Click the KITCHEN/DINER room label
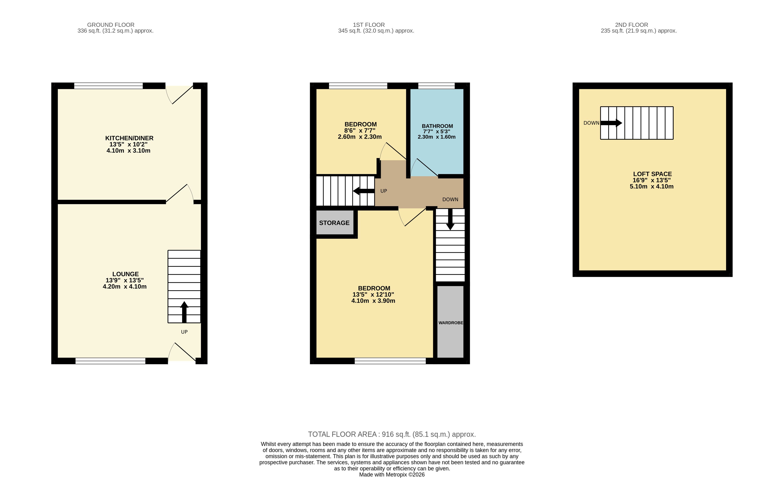(x=129, y=138)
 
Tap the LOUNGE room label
(x=125, y=274)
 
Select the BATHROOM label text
(x=437, y=126)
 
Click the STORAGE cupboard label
(x=334, y=223)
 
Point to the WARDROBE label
(x=450, y=323)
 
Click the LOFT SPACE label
(x=652, y=174)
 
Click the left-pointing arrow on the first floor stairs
(x=364, y=191)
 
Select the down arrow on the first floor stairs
(x=450, y=219)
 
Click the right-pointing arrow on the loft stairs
(x=611, y=123)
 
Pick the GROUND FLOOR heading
(x=111, y=25)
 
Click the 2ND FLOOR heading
(x=631, y=25)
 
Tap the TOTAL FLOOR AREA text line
(x=392, y=434)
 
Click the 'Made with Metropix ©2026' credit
(x=392, y=474)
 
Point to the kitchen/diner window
(x=108, y=86)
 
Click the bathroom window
(x=436, y=86)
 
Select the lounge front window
(x=110, y=361)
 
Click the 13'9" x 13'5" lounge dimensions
(x=125, y=280)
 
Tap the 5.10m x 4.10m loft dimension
(x=652, y=187)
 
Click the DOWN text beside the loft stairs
(x=591, y=123)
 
